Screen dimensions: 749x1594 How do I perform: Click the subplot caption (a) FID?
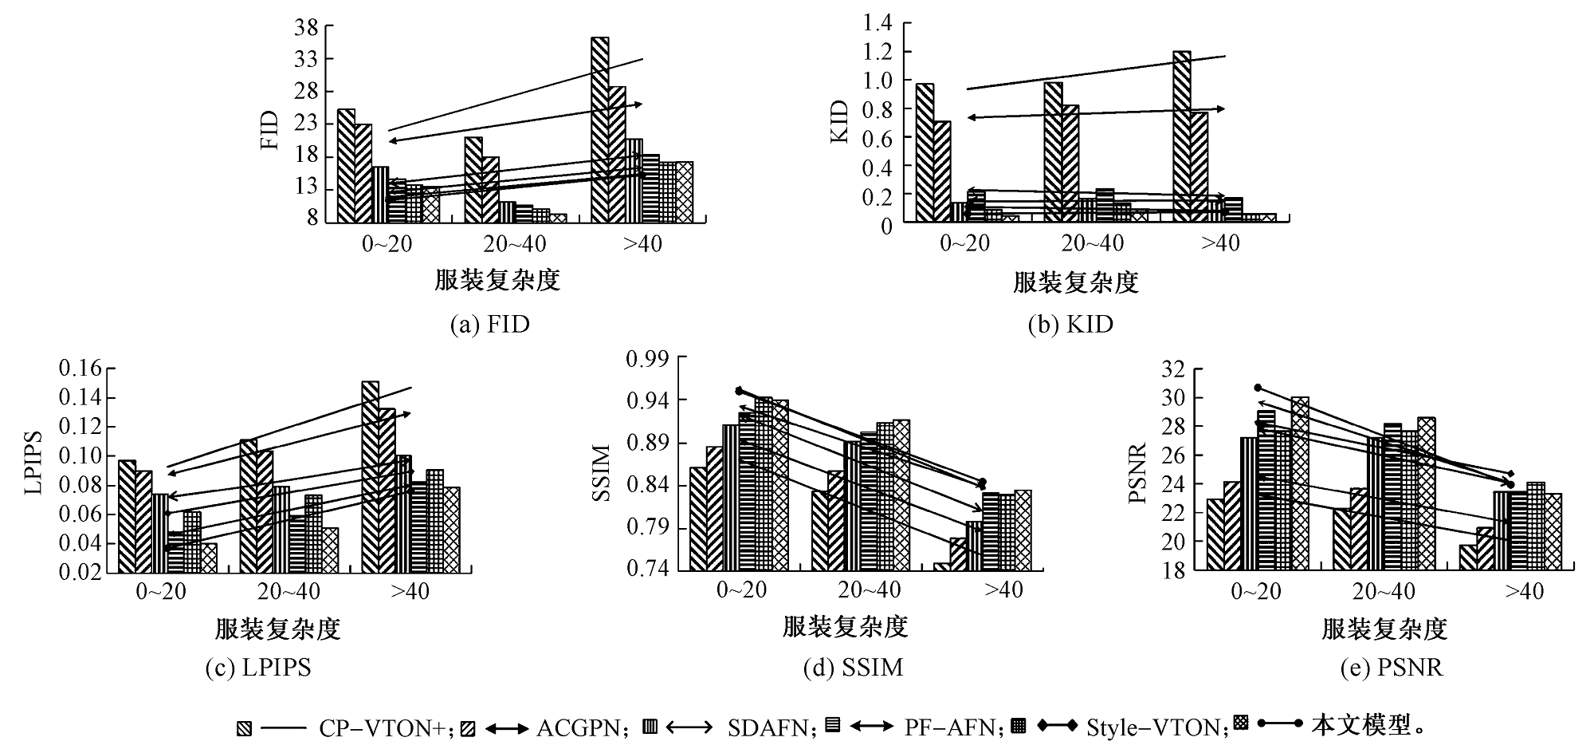(489, 325)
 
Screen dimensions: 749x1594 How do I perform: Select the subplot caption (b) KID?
(1070, 325)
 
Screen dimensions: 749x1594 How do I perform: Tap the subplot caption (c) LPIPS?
(258, 667)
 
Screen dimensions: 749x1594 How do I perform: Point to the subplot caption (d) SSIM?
(854, 667)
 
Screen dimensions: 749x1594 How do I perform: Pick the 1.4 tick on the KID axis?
(876, 23)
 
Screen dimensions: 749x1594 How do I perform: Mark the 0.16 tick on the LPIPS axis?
(81, 369)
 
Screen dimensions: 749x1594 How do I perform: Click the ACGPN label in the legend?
(575, 727)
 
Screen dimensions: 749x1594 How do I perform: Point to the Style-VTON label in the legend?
(1156, 727)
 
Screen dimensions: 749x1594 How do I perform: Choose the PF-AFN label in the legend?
(950, 727)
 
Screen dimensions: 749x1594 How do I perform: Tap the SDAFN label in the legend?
(770, 727)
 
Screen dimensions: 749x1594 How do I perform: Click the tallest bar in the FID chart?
(600, 128)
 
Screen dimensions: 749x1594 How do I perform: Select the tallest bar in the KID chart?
(1182, 136)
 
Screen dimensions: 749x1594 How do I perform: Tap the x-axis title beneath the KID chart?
(1076, 282)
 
